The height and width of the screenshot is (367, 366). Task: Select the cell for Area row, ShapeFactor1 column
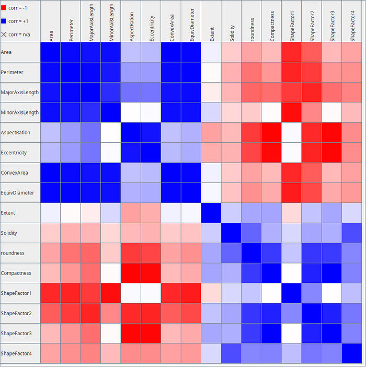292,52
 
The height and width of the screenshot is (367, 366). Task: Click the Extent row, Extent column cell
211,213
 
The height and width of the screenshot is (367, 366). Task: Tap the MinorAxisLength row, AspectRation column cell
131,112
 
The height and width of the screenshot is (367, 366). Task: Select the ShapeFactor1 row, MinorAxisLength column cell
111,293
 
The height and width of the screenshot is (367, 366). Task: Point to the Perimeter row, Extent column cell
211,72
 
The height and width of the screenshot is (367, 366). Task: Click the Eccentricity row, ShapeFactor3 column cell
332,153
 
